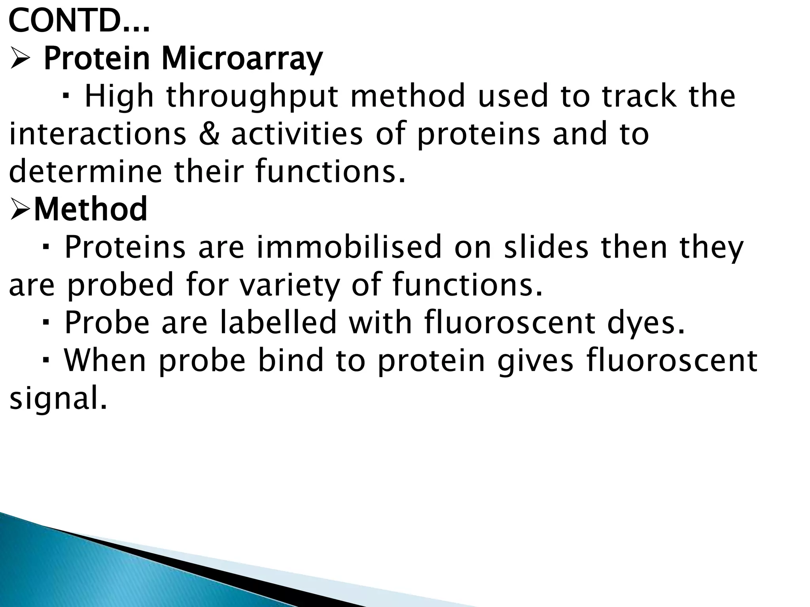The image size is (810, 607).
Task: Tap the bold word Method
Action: (x=91, y=209)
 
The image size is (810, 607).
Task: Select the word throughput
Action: (x=252, y=97)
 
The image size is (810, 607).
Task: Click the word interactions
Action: (x=97, y=134)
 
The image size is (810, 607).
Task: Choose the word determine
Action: (x=85, y=172)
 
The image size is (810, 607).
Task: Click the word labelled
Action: (x=278, y=322)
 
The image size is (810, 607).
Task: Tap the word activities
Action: (x=297, y=134)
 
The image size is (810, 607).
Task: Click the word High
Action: (x=119, y=97)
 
